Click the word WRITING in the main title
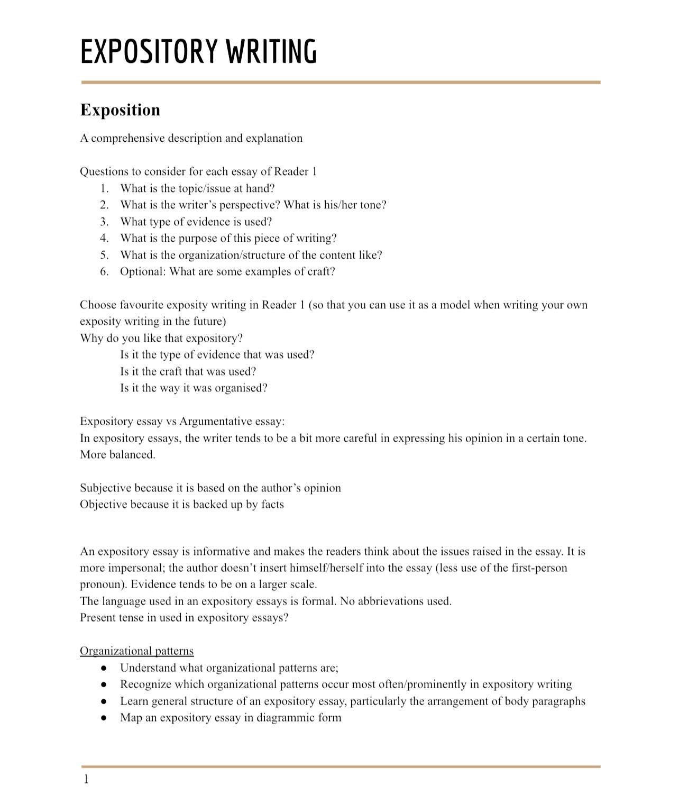272,52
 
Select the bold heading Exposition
120,110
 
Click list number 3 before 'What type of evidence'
104,222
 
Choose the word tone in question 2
373,205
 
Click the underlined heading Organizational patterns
137,651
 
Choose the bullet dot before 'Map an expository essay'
104,718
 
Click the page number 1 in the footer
86,779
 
